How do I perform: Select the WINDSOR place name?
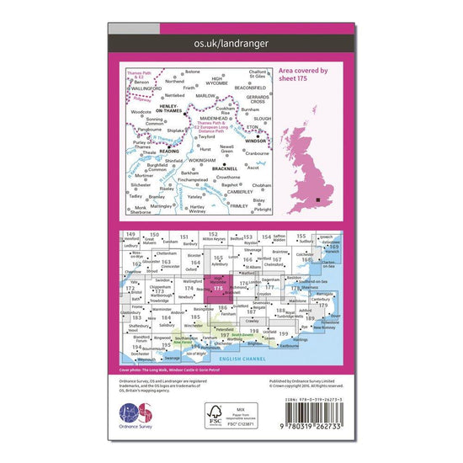click(256, 141)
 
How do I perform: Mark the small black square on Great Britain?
click(318, 200)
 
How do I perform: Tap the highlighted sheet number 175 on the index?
click(218, 289)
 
